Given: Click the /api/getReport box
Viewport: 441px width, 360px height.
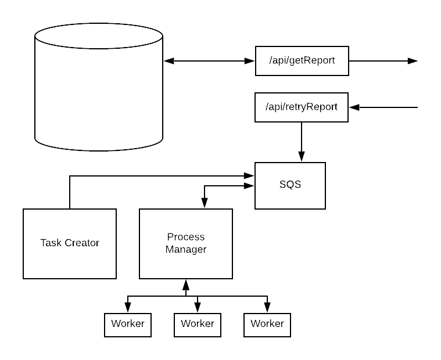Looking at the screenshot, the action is [302, 61].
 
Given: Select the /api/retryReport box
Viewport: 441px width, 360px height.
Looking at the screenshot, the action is [302, 107].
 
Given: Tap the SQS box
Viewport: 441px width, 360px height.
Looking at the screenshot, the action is [291, 186].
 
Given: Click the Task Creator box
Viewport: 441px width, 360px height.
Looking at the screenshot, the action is [70, 244].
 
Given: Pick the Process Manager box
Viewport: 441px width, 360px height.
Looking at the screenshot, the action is [186, 244].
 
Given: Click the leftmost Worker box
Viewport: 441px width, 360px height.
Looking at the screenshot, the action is [128, 325].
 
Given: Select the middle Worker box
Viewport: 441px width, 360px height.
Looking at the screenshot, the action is [198, 325].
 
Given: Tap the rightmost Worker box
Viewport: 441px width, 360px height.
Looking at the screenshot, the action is [267, 325].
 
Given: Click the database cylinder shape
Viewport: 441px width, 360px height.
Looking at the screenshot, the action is [99, 87].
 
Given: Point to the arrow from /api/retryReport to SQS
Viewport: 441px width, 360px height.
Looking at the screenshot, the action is [302, 142].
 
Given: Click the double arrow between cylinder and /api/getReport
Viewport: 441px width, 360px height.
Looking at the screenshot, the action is [209, 61].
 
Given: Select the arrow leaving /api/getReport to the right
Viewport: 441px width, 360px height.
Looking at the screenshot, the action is [383, 61].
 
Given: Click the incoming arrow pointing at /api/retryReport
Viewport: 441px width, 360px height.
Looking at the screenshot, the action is [383, 107].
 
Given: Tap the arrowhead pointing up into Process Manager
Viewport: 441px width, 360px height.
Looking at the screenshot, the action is [186, 285].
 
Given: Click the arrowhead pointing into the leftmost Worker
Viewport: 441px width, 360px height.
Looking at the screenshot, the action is [128, 308].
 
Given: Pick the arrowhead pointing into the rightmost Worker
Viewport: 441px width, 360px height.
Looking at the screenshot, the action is [267, 308].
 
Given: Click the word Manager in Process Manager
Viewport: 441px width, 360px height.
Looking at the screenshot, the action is [186, 250].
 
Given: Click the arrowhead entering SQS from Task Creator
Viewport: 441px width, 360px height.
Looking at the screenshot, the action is [249, 176].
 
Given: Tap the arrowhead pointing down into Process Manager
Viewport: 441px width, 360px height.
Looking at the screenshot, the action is [205, 203].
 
